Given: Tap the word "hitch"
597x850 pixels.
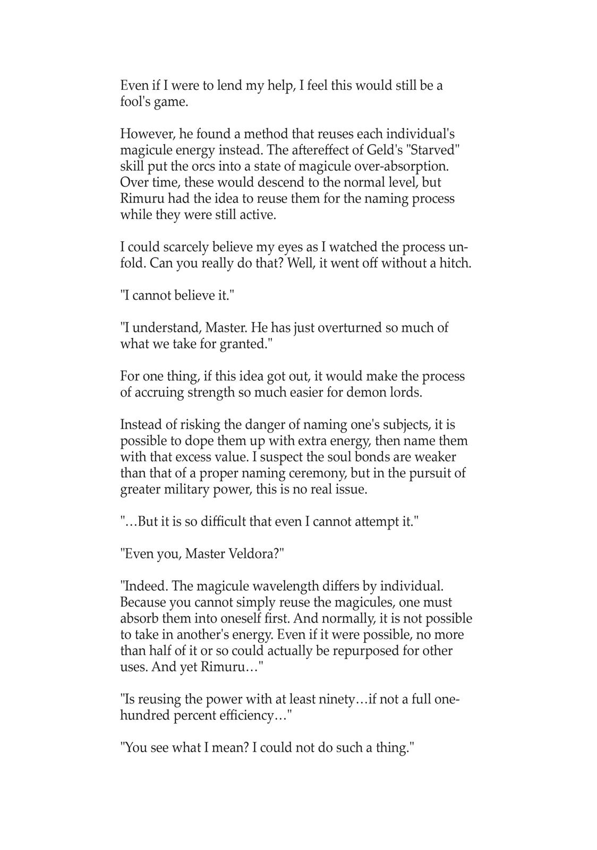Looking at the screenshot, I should pyautogui.click(x=455, y=263).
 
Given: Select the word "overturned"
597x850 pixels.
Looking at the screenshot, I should pyautogui.click(x=349, y=328).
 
